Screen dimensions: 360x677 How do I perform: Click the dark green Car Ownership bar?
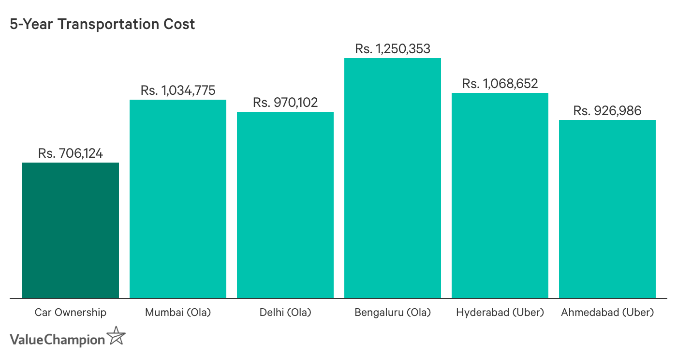[x=71, y=230]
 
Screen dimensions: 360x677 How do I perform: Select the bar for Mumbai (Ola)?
[x=178, y=199]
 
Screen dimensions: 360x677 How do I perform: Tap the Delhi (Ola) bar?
[x=285, y=205]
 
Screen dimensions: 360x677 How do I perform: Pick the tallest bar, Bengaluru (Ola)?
[x=393, y=178]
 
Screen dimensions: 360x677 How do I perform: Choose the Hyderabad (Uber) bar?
[x=500, y=195]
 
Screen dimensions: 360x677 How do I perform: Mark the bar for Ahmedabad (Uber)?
[x=607, y=209]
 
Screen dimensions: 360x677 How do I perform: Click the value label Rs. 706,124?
[x=71, y=154]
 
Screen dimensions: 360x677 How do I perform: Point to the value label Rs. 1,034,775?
[x=178, y=90]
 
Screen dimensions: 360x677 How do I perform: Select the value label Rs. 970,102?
[x=285, y=103]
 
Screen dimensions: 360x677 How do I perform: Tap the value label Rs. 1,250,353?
[x=393, y=49]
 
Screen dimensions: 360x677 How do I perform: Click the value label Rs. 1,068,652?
[x=500, y=84]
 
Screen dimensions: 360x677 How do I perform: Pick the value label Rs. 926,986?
[x=607, y=111]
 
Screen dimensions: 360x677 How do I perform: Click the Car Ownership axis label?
[x=71, y=313]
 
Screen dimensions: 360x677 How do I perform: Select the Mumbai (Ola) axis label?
[x=178, y=313]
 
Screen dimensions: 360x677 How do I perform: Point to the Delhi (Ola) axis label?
[x=285, y=313]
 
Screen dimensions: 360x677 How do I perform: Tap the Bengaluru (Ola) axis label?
[x=393, y=313]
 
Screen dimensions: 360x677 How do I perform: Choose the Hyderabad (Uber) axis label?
[x=500, y=313]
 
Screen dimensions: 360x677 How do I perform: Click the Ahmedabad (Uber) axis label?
[x=607, y=313]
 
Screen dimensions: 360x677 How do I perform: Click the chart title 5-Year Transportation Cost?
[x=102, y=24]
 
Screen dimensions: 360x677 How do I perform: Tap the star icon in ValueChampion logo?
[x=116, y=336]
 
